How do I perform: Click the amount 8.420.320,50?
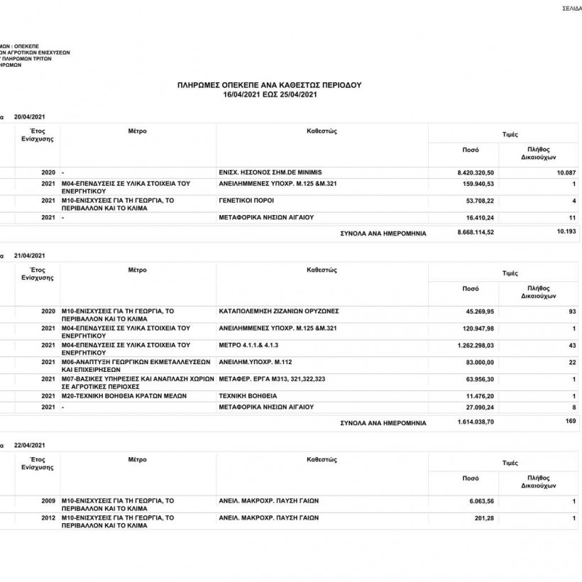coord(476,172)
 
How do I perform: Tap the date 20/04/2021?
coord(29,116)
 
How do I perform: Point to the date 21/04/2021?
coord(29,255)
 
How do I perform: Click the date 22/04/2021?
coord(29,445)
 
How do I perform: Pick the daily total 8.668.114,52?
coord(476,232)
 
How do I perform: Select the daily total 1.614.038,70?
coord(476,422)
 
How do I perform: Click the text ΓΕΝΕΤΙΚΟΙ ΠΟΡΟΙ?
coord(246,201)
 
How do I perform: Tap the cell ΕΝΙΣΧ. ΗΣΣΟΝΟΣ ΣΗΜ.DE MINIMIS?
coord(270,172)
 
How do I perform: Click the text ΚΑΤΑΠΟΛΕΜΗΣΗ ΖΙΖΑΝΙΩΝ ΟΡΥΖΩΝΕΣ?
coord(279,311)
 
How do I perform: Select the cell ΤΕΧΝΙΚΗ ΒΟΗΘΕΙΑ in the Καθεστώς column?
coord(248,395)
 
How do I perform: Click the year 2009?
coord(48,501)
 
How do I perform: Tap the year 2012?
coord(48,518)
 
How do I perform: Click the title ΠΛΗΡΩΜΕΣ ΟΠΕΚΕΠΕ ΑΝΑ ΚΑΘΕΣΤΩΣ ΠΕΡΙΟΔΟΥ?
coord(269,84)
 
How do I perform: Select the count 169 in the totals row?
coord(569,422)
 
